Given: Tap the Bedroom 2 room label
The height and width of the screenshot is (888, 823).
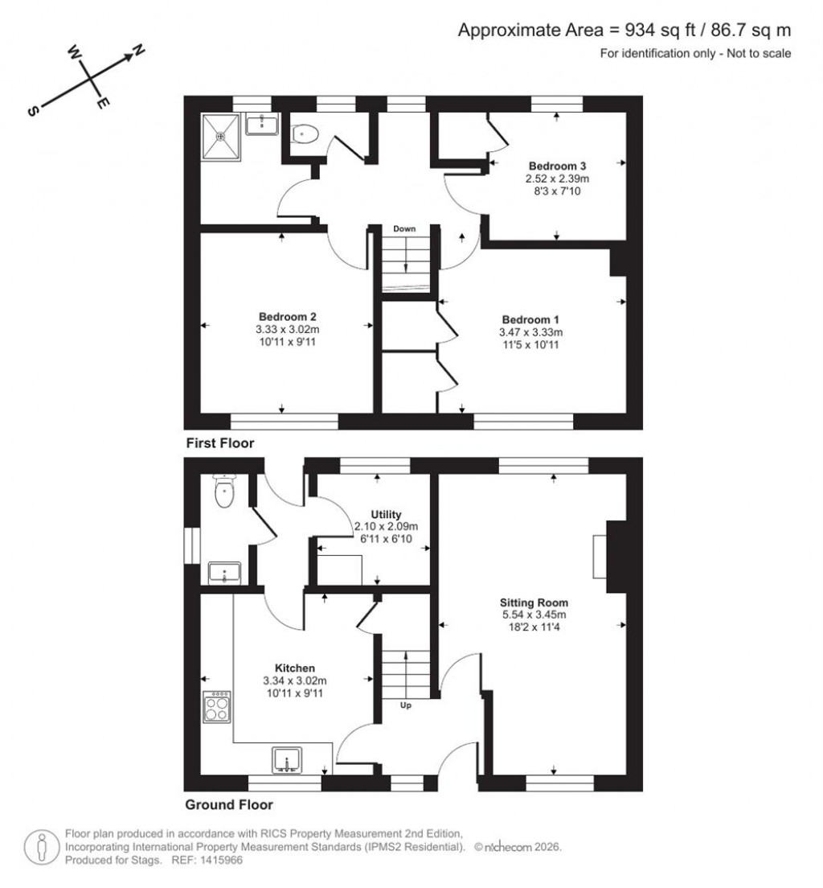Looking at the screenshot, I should pyautogui.click(x=282, y=316).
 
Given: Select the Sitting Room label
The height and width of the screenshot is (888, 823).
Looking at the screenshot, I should pyautogui.click(x=534, y=602).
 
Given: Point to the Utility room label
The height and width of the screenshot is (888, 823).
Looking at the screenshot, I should pyautogui.click(x=386, y=514).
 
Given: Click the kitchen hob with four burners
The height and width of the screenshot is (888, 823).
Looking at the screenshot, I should pyautogui.click(x=217, y=708).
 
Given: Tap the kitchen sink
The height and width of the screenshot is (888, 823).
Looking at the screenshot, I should pyautogui.click(x=287, y=760).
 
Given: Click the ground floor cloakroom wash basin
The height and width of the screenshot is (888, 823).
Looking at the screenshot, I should pyautogui.click(x=222, y=573).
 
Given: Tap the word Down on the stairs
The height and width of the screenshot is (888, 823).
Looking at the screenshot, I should pyautogui.click(x=404, y=229).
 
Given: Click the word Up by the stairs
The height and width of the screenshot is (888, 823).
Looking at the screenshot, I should pyautogui.click(x=406, y=705).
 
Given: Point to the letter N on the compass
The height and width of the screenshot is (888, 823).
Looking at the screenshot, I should pyautogui.click(x=138, y=51).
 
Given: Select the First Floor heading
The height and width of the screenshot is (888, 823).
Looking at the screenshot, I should pyautogui.click(x=219, y=443).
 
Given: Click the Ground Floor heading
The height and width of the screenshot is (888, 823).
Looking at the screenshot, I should pyautogui.click(x=229, y=804).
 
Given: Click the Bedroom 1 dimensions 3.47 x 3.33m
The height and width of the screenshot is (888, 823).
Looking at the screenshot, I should pyautogui.click(x=530, y=332).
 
